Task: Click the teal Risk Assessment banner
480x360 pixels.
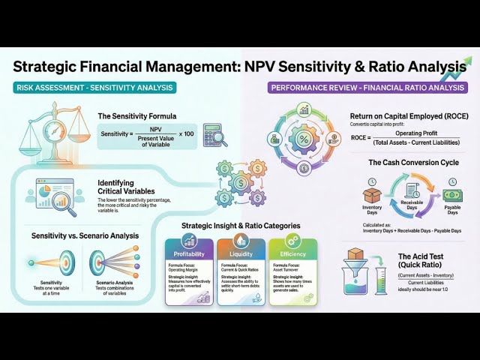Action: [x=94, y=88]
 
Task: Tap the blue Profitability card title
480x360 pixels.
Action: [x=189, y=243]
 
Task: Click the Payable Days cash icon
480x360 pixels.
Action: [x=452, y=193]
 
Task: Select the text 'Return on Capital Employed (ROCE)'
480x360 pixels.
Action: [x=409, y=116]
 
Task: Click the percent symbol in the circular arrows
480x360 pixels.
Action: [x=305, y=139]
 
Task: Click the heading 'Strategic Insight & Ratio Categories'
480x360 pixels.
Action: [x=240, y=226]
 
